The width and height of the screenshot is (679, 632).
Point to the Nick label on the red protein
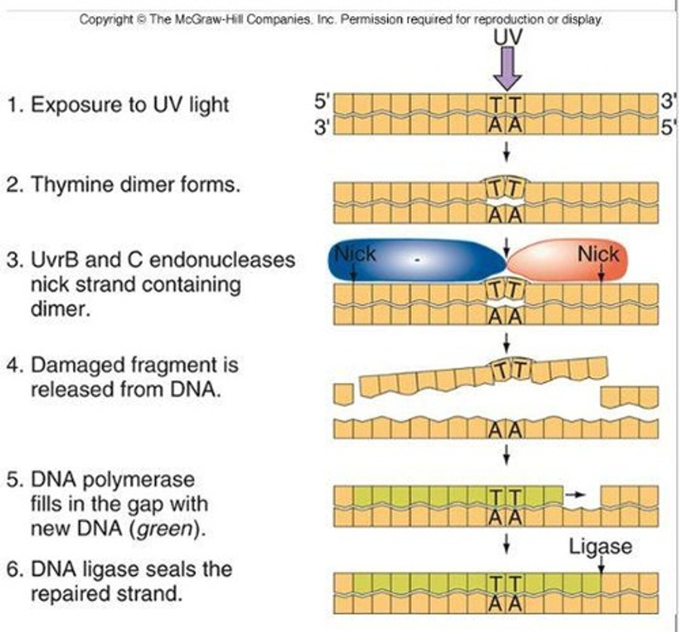[598, 254]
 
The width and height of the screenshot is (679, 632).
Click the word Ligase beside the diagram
[600, 547]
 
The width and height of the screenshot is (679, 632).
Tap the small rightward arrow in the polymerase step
[577, 495]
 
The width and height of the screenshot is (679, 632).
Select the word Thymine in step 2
[72, 185]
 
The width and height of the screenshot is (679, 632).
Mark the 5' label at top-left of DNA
[322, 102]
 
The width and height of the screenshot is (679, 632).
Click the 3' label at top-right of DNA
[667, 102]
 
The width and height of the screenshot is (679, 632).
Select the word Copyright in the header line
[106, 19]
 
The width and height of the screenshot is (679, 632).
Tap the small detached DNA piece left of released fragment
[343, 394]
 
